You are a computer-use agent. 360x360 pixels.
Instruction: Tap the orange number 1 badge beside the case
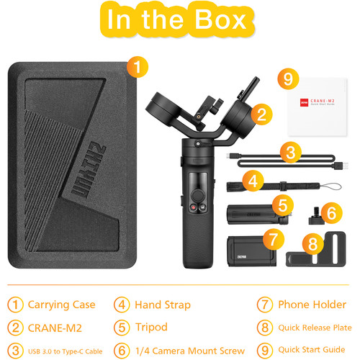[138, 68]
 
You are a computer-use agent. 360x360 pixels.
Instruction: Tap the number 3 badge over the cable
[289, 152]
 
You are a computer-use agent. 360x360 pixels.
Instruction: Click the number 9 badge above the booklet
[288, 77]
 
